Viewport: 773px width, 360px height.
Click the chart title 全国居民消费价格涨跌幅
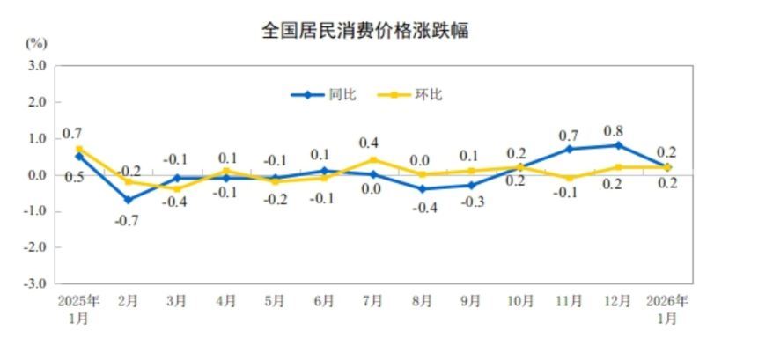point(364,31)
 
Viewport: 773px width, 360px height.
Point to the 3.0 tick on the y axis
point(36,65)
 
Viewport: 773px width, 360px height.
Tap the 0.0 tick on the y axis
point(36,174)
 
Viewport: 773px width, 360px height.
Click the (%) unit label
point(36,42)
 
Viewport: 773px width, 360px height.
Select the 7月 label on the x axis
point(372,301)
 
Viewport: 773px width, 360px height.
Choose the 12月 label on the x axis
point(619,301)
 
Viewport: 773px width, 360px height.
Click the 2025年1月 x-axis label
point(79,309)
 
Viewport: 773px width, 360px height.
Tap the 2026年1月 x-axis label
point(668,309)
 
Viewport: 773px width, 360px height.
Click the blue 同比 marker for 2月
point(129,200)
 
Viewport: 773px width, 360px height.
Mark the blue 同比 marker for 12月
point(619,145)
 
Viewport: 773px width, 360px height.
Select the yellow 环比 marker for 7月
point(373,160)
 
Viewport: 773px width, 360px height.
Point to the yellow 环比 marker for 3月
point(177,188)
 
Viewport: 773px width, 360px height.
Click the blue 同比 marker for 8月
point(423,188)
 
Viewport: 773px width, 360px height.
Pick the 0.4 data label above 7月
point(369,143)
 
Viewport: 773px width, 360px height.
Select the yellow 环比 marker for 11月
point(571,178)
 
